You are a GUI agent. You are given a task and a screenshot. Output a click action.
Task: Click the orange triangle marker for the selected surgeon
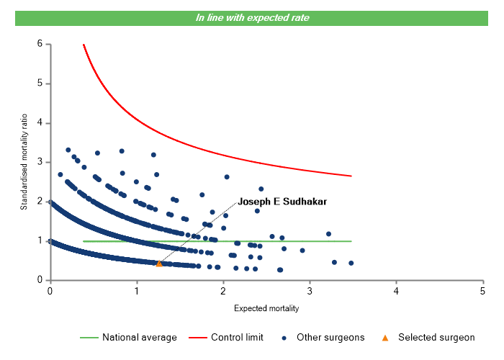[x=159, y=264]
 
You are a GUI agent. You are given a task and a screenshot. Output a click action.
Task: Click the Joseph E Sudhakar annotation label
[x=282, y=202]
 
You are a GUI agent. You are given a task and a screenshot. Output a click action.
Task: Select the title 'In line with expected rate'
[x=252, y=18]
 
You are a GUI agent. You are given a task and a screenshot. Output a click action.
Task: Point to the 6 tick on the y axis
[x=39, y=44]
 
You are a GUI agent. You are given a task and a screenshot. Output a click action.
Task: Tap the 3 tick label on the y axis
[x=39, y=162]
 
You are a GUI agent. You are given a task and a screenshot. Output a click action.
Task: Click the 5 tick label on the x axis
[x=482, y=290]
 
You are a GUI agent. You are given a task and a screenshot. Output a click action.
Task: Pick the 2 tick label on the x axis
[x=222, y=290]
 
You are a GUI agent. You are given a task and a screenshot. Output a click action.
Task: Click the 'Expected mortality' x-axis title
[x=266, y=308]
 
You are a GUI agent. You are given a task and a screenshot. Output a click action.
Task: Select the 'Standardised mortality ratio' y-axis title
[x=24, y=162]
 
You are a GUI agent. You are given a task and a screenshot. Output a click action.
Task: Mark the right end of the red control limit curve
[x=351, y=176]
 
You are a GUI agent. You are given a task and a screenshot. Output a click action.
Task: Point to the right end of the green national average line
[x=351, y=241]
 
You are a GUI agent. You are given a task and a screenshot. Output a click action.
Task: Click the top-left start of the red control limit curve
[x=84, y=45]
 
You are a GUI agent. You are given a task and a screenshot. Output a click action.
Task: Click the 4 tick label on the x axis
[x=396, y=290]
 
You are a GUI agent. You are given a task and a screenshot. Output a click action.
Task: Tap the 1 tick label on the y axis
[x=39, y=240]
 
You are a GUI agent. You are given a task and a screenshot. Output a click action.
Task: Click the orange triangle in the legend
[x=385, y=337]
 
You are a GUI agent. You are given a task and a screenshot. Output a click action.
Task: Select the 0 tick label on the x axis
[x=50, y=290]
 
